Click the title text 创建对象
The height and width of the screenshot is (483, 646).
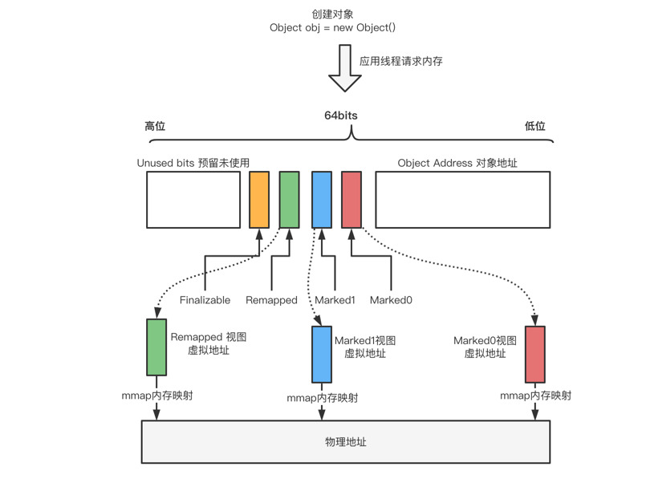[332, 14]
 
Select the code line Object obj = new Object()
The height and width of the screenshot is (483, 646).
[332, 27]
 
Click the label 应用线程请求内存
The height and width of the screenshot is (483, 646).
[400, 61]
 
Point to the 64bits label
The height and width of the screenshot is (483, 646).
[340, 116]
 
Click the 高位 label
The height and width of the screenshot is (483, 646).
[155, 126]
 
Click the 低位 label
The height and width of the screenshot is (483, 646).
[534, 126]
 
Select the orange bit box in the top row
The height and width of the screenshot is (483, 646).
[259, 200]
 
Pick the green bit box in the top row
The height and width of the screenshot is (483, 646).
[289, 200]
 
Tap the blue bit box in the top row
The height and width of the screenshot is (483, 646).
[322, 200]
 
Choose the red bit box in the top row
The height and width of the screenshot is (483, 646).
[351, 200]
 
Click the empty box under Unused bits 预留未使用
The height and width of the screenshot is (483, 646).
[193, 200]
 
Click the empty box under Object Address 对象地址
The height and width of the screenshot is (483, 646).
[462, 200]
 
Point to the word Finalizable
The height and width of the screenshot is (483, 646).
[205, 300]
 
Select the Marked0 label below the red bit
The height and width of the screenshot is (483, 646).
[391, 300]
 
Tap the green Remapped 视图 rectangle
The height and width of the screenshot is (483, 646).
[156, 347]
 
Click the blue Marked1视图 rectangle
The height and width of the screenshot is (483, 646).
[322, 354]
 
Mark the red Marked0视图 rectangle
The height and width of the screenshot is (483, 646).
[534, 354]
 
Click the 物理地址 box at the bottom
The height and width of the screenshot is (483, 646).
[346, 441]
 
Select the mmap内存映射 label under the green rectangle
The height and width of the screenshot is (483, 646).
[156, 396]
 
